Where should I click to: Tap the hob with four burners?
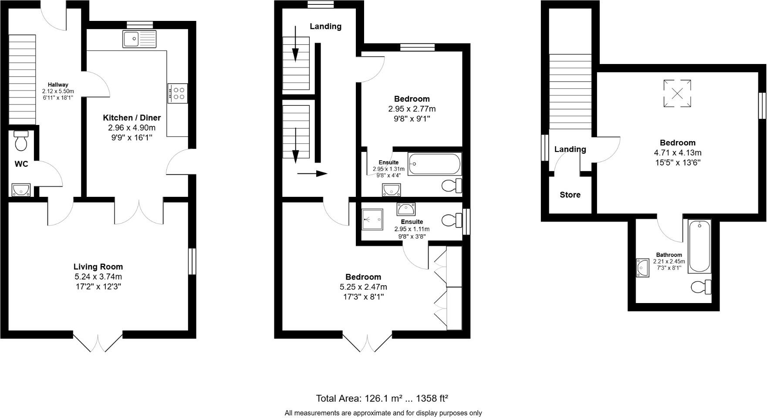(x=178, y=93)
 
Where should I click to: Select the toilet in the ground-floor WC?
(x=21, y=141)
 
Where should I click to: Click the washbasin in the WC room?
(x=21, y=190)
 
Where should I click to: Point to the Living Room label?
(x=98, y=267)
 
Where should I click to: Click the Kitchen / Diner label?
(x=132, y=118)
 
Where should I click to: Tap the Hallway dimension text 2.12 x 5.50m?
(x=58, y=91)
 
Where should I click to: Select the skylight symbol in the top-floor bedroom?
(x=677, y=93)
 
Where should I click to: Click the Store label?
(x=570, y=195)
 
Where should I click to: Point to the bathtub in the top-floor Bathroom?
(x=699, y=246)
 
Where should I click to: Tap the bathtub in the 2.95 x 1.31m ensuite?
(x=434, y=164)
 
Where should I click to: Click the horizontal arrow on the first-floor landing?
(x=312, y=174)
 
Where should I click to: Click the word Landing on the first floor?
(x=325, y=27)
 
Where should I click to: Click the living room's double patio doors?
(x=98, y=342)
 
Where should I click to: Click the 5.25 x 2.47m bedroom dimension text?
(x=363, y=287)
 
